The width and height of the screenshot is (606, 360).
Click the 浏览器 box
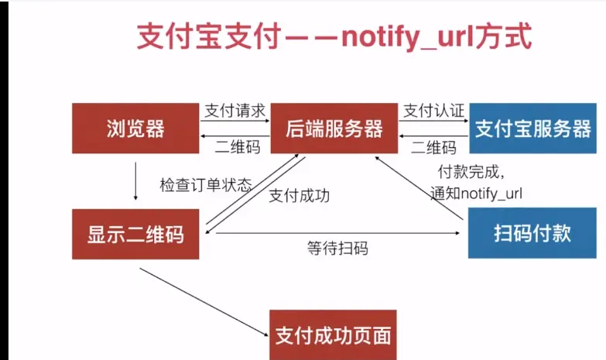(135, 129)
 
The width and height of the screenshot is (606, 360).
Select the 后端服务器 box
(334, 129)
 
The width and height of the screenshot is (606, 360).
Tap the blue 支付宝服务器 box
(532, 129)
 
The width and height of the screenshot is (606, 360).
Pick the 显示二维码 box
(135, 234)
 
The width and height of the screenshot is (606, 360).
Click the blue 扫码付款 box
(532, 233)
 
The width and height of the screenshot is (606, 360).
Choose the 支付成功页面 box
(334, 335)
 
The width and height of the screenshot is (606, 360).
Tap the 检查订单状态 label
(206, 185)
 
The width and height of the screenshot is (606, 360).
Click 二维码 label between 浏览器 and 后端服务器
(238, 147)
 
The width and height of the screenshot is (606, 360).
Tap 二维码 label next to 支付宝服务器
(433, 147)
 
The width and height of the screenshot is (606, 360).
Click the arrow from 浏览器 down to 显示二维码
(136, 180)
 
